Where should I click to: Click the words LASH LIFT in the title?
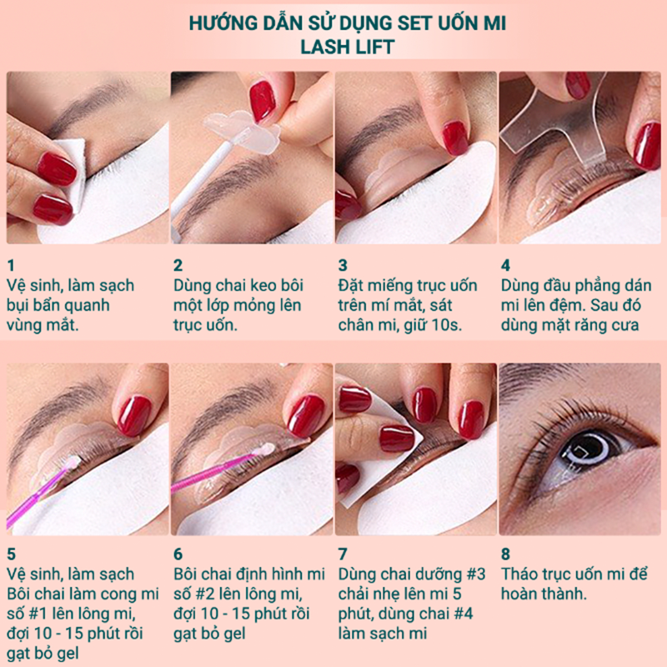pyautogui.click(x=348, y=47)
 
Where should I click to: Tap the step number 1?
pyautogui.click(x=11, y=265)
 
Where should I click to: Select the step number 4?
pyautogui.click(x=505, y=265)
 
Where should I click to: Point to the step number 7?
pyautogui.click(x=343, y=554)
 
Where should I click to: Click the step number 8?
pyautogui.click(x=505, y=554)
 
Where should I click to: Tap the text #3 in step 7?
pyautogui.click(x=476, y=574)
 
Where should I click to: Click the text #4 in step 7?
pyautogui.click(x=464, y=614)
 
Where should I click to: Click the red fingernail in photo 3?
pyautogui.click(x=454, y=138)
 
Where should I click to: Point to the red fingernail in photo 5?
pyautogui.click(x=134, y=415)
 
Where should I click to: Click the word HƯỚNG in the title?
pyautogui.click(x=222, y=23)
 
